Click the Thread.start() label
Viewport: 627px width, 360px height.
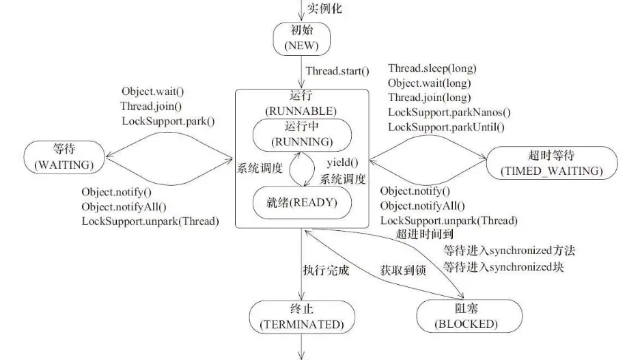[x=337, y=70]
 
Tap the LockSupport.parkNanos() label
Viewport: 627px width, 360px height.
[x=449, y=113]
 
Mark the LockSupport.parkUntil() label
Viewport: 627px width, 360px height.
[x=447, y=127]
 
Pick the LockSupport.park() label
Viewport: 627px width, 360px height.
[x=168, y=122]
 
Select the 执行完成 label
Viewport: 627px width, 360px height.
[x=326, y=270]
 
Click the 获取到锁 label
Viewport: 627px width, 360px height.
[x=404, y=271]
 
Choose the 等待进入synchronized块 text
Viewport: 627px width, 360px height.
[x=506, y=265]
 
